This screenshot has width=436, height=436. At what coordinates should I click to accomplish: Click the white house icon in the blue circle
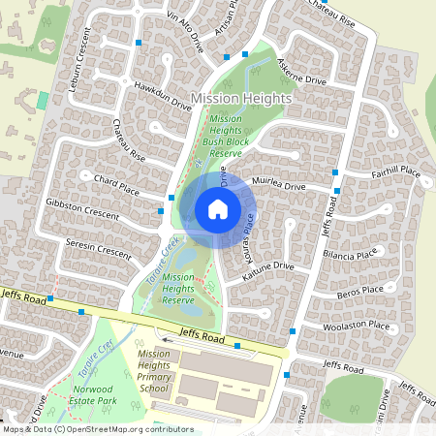pyautogui.click(x=218, y=208)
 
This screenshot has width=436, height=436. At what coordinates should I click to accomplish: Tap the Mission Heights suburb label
pyautogui.click(x=241, y=99)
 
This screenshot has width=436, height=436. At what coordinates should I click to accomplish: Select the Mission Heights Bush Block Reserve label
pyautogui.click(x=226, y=136)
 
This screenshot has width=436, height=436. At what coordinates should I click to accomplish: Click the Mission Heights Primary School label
pyautogui.click(x=153, y=371)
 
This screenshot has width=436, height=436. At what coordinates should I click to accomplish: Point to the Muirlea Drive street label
pyautogui.click(x=278, y=185)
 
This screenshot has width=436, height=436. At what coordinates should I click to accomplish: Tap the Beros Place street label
pyautogui.click(x=360, y=289)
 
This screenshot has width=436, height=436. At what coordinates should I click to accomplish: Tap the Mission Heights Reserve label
pyautogui.click(x=178, y=288)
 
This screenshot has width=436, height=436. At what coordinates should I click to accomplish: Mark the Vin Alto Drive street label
pyautogui.click(x=187, y=29)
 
